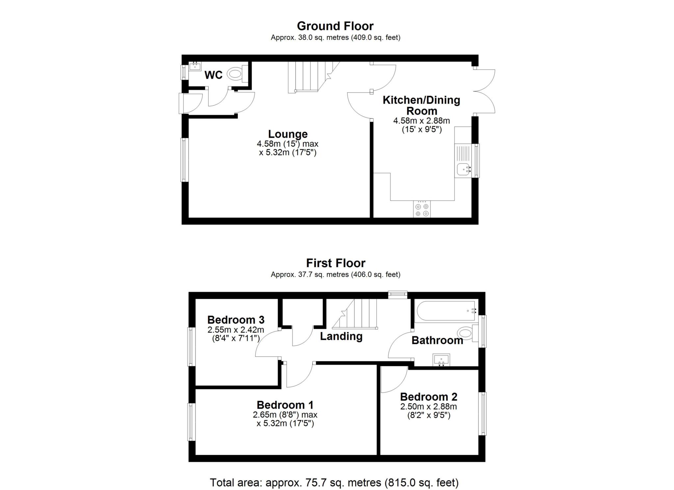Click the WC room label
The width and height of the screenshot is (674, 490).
(213, 75)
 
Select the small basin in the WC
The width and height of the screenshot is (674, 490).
(195, 66)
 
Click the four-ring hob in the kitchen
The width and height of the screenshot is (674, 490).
(422, 209)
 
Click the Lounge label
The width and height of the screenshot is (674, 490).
(288, 134)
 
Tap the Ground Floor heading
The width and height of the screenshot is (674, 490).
(335, 26)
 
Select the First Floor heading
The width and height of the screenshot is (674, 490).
(335, 263)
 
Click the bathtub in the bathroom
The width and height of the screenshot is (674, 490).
(446, 311)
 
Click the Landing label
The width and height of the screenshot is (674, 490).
(341, 336)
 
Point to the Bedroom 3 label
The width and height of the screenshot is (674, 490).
(236, 320)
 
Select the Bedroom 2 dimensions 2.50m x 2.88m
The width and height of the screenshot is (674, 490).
(428, 406)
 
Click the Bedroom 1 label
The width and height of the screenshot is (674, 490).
(285, 404)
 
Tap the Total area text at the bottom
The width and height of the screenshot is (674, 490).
(334, 482)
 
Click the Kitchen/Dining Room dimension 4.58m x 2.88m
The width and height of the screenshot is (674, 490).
(422, 121)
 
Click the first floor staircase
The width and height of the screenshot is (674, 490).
(355, 314)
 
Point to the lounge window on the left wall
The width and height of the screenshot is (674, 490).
(185, 160)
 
